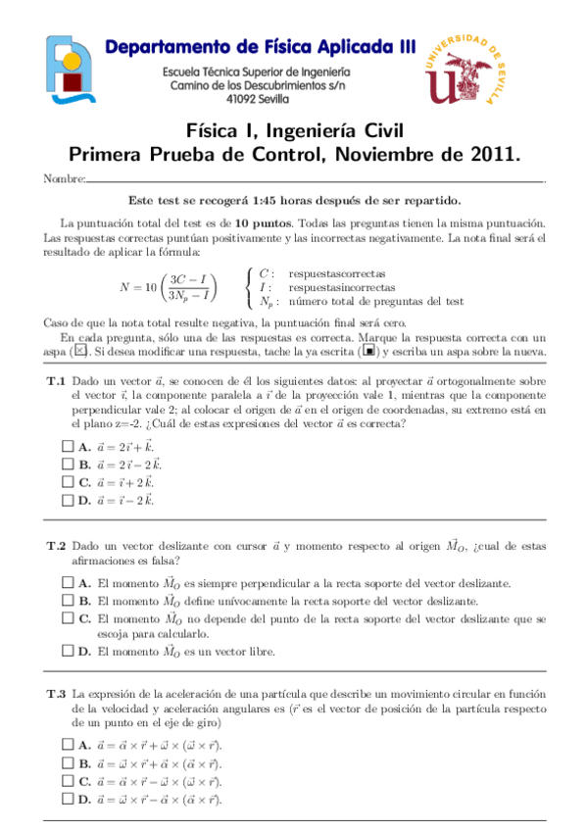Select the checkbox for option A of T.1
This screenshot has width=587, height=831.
pos(66,446)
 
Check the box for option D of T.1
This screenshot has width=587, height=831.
pos(66,501)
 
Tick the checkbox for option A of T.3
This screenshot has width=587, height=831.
pos(66,745)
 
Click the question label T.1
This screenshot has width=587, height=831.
pos(56,381)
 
